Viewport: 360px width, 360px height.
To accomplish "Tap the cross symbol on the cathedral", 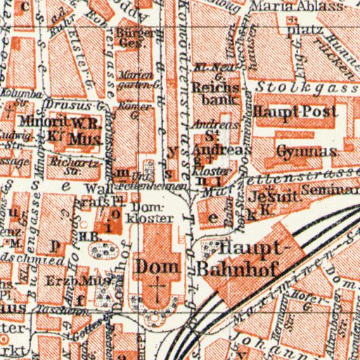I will tap(159, 288).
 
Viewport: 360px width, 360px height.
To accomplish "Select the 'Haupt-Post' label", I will tap(295, 112).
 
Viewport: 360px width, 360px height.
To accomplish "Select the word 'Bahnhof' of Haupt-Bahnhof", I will tap(236, 267).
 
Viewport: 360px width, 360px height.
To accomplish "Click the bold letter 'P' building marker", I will tap(56, 245).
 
